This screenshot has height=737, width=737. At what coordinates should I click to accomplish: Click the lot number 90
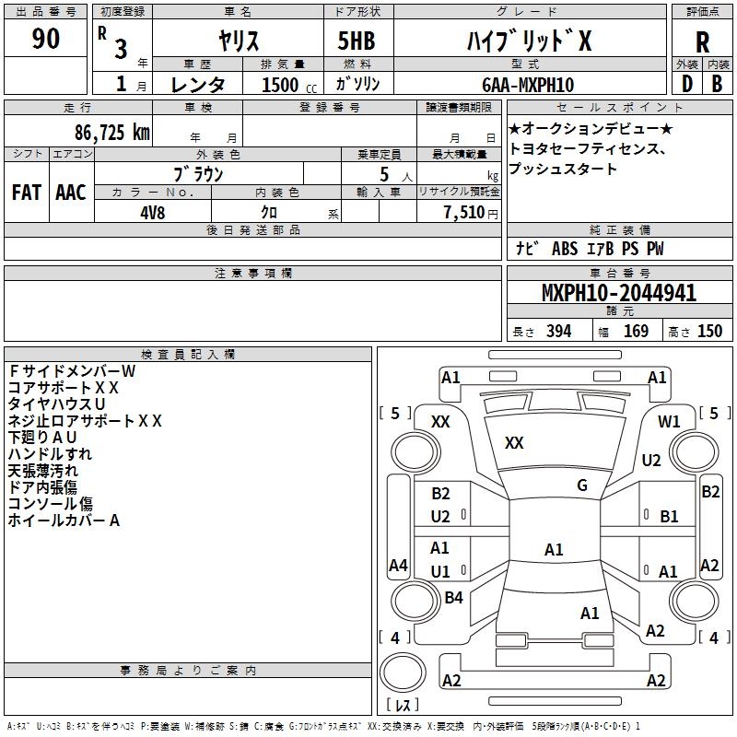tap(46, 40)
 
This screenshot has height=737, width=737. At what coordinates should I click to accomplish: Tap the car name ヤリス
tap(239, 40)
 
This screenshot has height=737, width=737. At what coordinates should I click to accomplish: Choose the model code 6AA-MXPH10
tap(528, 85)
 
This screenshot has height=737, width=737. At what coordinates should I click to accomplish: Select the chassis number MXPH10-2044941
tap(618, 294)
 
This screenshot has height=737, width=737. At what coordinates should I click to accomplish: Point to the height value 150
tap(709, 332)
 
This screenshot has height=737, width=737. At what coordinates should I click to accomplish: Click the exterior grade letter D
tap(686, 84)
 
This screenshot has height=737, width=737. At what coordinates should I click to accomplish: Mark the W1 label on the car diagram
tap(669, 422)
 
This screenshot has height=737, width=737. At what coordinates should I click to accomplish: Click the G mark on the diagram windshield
tap(581, 485)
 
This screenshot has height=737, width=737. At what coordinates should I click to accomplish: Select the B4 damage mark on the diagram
tap(453, 598)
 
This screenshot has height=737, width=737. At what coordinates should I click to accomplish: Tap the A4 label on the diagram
tap(398, 566)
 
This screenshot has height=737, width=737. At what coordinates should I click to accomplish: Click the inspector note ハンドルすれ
tap(50, 453)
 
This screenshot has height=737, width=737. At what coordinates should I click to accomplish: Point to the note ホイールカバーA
tap(64, 521)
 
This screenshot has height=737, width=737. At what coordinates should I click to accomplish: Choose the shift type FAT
tap(27, 193)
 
